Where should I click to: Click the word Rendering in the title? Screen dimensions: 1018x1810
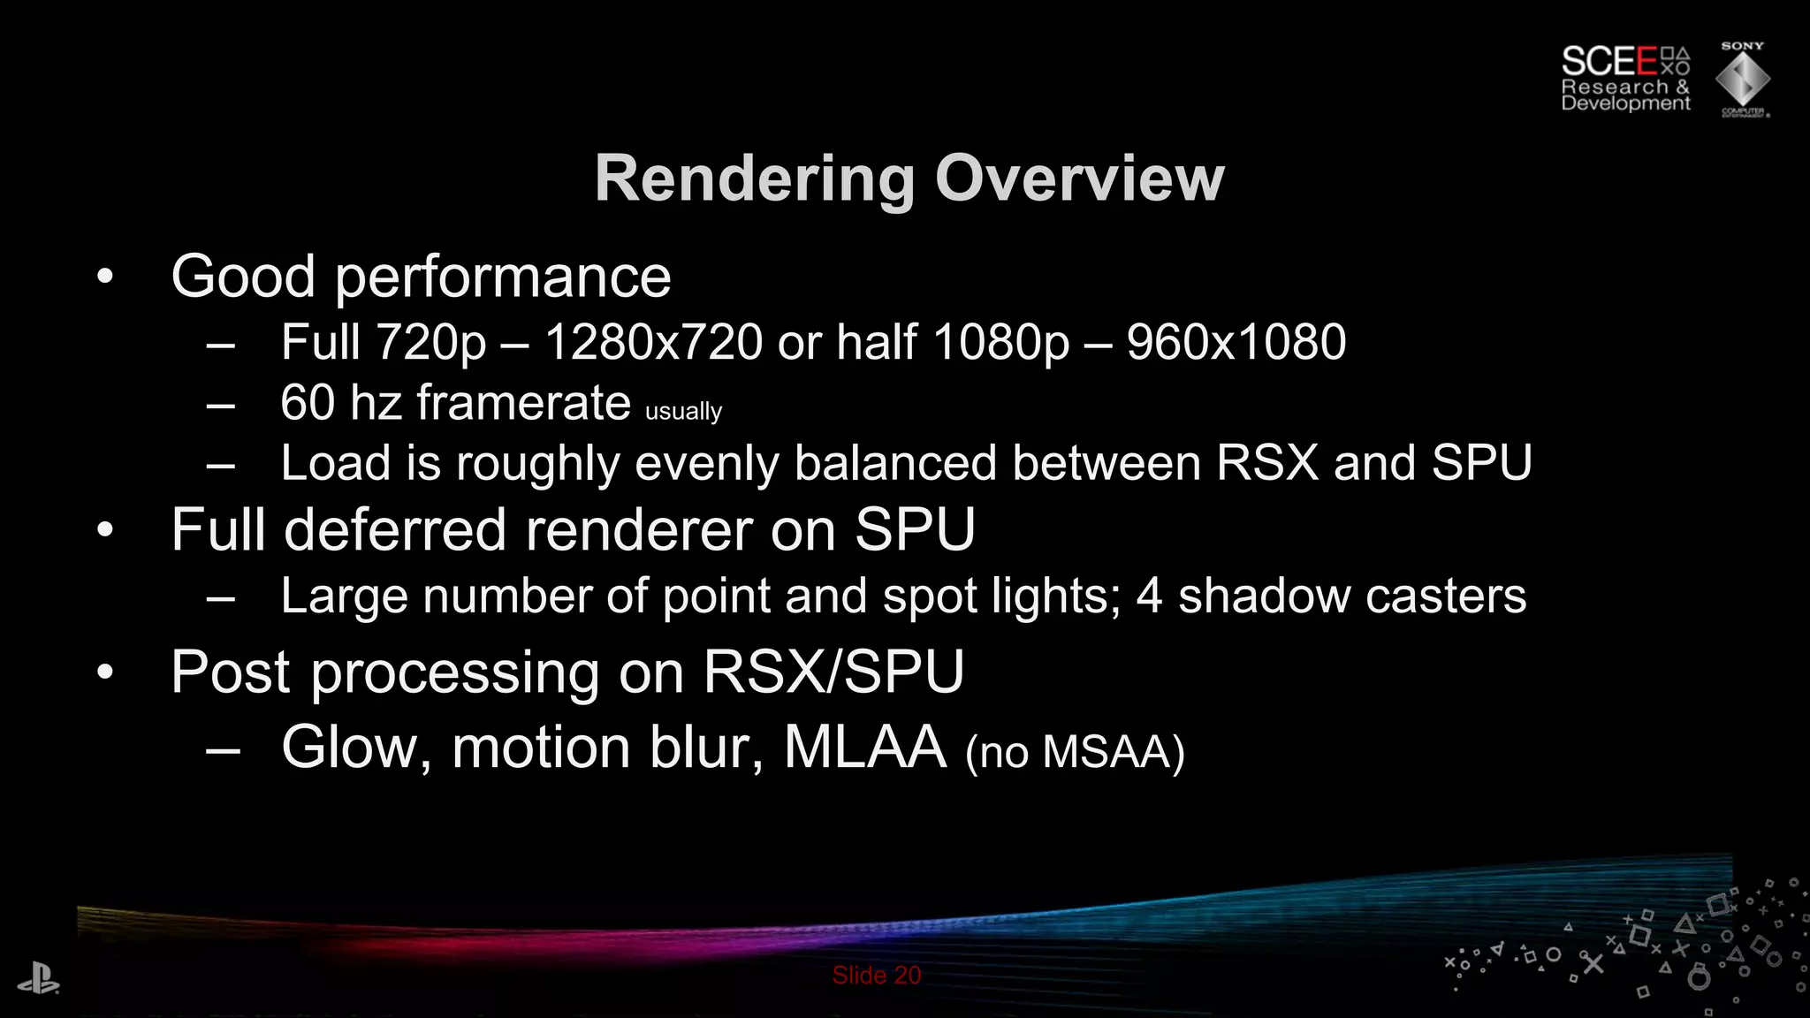pos(755,179)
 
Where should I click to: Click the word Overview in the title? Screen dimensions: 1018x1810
pos(1079,179)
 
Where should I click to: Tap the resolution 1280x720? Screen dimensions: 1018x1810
pos(653,342)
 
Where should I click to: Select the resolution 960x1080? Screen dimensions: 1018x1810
pos(1236,342)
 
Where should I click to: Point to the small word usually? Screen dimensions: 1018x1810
pos(683,412)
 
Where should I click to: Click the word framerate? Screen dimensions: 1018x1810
pos(523,404)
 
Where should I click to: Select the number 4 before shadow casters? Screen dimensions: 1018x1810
pos(1148,596)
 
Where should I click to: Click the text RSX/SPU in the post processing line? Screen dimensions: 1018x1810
pos(833,672)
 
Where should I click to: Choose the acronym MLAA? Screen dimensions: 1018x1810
pos(864,748)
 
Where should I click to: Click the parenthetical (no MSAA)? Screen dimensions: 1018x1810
pos(1075,753)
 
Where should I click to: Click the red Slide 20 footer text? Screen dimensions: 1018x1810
pos(876,976)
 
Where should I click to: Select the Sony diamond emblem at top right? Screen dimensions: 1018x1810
pos(1742,80)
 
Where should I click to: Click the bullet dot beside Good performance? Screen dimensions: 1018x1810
pos(105,277)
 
